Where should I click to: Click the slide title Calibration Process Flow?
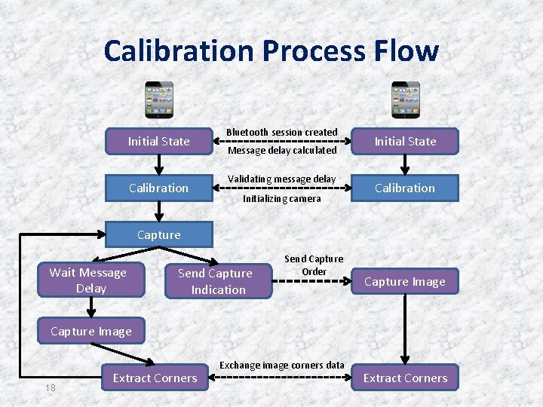[271, 50]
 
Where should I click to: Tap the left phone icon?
[159, 100]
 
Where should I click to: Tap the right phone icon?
[406, 100]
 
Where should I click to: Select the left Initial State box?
[159, 141]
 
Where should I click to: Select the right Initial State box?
[405, 141]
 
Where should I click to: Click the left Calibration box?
[159, 188]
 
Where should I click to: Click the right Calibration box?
[405, 188]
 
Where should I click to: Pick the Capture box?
[159, 234]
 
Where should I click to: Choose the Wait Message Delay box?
[88, 280]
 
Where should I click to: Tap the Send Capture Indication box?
[216, 281]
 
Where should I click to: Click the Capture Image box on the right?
[405, 282]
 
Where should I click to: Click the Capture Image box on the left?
[91, 331]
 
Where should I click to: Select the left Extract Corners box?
[155, 378]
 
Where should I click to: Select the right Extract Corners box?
[405, 378]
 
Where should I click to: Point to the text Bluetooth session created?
[282, 132]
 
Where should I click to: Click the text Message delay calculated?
[282, 150]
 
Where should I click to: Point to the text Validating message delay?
[282, 179]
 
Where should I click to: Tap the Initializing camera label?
[282, 199]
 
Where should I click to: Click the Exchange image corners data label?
[282, 366]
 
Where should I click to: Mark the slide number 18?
[51, 387]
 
